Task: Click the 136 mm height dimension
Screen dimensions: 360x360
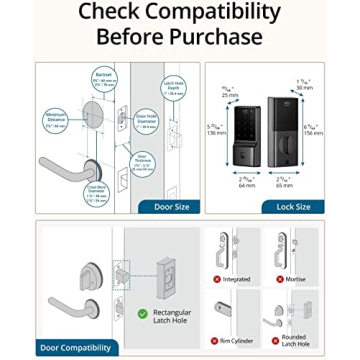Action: (x=215, y=130)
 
